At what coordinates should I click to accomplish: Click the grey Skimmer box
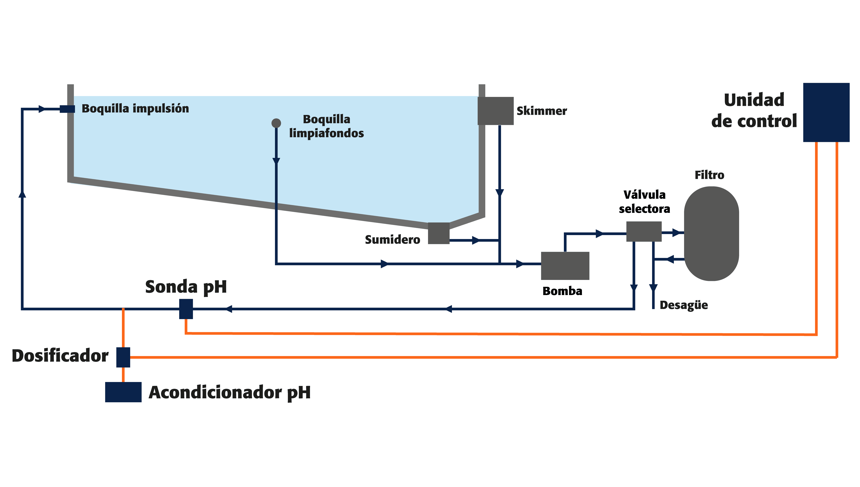[x=495, y=111]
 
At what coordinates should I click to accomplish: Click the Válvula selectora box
[x=644, y=231]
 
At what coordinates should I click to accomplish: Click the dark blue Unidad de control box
[x=826, y=112]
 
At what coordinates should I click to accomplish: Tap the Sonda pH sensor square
[x=186, y=309]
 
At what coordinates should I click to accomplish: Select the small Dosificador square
[x=123, y=357]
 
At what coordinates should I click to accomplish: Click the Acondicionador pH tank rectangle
[x=123, y=392]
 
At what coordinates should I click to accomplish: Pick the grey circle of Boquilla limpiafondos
[x=276, y=123]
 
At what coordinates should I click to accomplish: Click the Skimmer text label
[x=542, y=111]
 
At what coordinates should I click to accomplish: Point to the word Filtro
[x=709, y=175]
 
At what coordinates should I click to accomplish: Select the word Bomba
[x=562, y=291]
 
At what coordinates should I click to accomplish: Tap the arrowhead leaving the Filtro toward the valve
[x=670, y=259]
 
